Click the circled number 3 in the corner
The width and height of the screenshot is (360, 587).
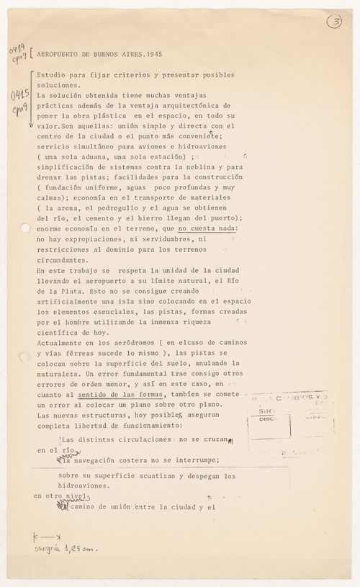[x=334, y=22]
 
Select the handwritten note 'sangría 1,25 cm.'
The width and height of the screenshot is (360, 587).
[x=64, y=550]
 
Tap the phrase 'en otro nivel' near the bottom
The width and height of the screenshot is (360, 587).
[x=60, y=496]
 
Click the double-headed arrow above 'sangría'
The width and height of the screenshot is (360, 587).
[x=47, y=537]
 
